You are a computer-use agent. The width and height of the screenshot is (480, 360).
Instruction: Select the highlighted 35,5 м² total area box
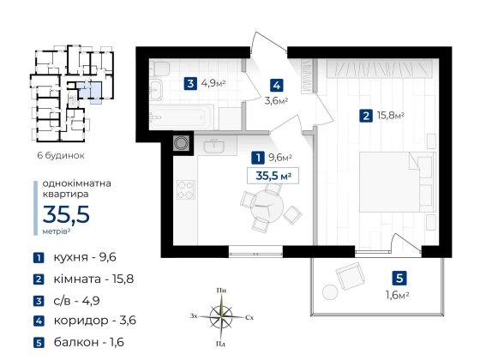pyautogui.click(x=270, y=176)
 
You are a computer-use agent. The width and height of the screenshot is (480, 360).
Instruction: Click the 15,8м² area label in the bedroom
pyautogui.click(x=388, y=116)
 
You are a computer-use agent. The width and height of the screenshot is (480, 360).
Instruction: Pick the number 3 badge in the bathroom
pyautogui.click(x=189, y=84)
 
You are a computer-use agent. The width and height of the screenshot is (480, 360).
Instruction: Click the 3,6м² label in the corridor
pyautogui.click(x=275, y=100)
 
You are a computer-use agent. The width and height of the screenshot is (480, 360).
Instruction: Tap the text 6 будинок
pyautogui.click(x=60, y=155)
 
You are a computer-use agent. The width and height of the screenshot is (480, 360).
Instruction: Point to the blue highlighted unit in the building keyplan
pyautogui.click(x=91, y=90)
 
